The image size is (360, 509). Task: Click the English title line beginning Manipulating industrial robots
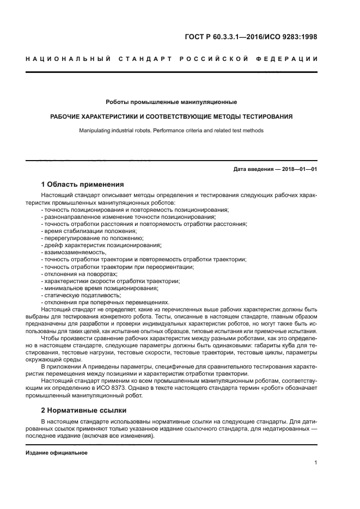point(171,131)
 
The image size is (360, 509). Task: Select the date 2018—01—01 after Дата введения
point(298,169)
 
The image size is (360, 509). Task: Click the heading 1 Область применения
point(82,184)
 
